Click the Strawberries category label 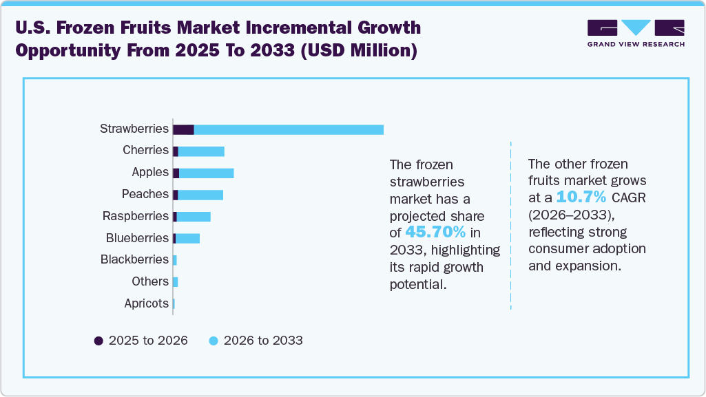click(x=134, y=129)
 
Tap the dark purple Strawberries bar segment click(x=183, y=129)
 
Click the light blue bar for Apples click(x=206, y=173)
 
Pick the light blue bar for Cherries click(x=201, y=151)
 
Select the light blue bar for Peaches click(x=200, y=195)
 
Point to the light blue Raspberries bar click(x=194, y=217)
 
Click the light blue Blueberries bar click(x=187, y=238)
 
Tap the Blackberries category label click(x=134, y=259)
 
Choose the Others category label click(x=150, y=281)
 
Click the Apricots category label click(x=146, y=303)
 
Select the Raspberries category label click(x=136, y=216)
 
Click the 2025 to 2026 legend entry click(x=141, y=341)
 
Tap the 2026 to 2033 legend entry click(x=256, y=341)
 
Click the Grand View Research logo click(x=636, y=33)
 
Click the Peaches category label click(x=145, y=194)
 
